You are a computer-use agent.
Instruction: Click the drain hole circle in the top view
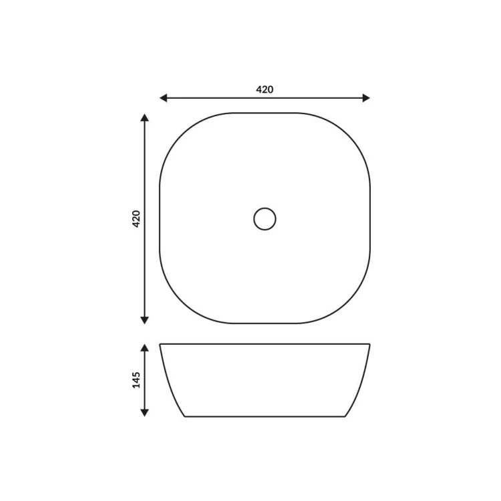[265, 218]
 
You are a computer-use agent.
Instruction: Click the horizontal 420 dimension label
[265, 89]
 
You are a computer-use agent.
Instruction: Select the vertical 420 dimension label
[136, 218]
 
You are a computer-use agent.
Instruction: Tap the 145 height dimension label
[136, 380]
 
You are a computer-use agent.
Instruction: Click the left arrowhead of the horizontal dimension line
[163, 98]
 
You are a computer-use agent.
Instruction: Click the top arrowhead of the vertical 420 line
[144, 118]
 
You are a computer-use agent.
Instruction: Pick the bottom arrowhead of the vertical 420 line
[144, 320]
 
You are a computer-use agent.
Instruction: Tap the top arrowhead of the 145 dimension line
[144, 348]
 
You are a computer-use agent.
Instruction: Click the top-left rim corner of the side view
[160, 344]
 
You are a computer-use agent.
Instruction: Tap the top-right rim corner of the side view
[369, 344]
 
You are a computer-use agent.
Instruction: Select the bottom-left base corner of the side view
[185, 416]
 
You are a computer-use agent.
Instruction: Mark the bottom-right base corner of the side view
[345, 416]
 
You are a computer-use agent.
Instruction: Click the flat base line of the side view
[265, 416]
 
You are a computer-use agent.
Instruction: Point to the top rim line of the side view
[265, 344]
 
